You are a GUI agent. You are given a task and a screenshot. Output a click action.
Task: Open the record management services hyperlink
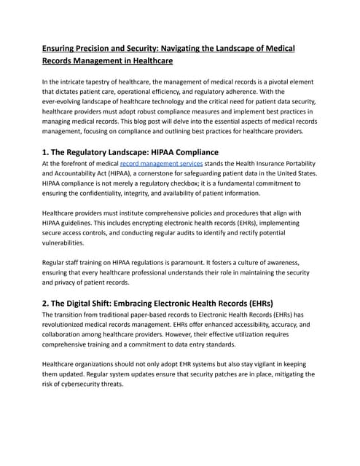click(161, 165)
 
